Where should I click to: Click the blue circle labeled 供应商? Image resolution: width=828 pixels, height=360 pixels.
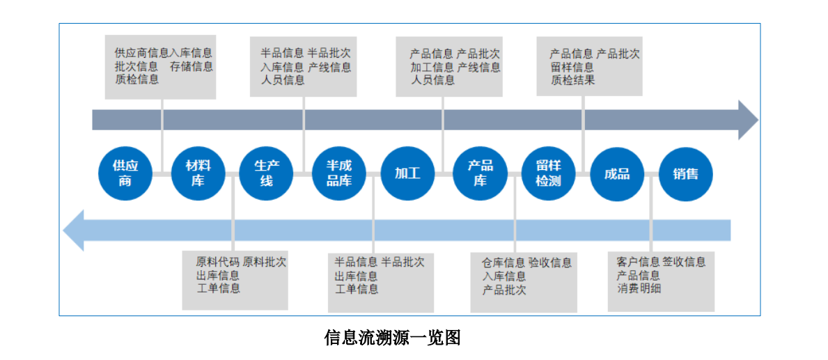[x=125, y=173]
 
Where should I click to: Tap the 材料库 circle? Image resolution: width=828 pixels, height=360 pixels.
[x=198, y=173]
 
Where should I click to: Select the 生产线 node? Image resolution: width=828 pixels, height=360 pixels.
[x=266, y=173]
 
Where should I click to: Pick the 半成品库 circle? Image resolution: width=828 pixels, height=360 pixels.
[x=338, y=173]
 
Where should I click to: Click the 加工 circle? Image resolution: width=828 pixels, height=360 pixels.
[x=407, y=173]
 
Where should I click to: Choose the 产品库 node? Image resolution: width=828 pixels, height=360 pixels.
[x=480, y=173]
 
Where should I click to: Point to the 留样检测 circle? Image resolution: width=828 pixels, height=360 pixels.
[x=548, y=173]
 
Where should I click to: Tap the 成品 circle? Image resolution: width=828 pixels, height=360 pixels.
[x=617, y=173]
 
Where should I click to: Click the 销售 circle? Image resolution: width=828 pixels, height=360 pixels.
[x=685, y=173]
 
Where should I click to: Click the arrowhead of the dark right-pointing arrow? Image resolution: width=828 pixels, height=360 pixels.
[x=748, y=120]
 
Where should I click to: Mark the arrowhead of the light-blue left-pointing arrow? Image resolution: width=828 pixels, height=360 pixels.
[x=74, y=230]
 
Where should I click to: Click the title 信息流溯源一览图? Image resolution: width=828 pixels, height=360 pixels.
[x=392, y=338]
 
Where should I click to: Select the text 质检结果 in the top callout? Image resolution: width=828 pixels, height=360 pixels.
[x=572, y=80]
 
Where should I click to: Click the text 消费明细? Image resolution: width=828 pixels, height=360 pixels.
[x=639, y=288]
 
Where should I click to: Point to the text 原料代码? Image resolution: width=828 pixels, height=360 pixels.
[x=217, y=263]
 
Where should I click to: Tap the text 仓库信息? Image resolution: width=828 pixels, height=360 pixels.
[x=503, y=263]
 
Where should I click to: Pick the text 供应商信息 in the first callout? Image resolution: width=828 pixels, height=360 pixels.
[x=142, y=53]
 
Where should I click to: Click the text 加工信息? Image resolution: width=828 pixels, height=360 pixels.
[x=432, y=67]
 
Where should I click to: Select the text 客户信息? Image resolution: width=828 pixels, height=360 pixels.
[x=638, y=262]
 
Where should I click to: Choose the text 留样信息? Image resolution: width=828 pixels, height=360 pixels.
[x=572, y=67]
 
